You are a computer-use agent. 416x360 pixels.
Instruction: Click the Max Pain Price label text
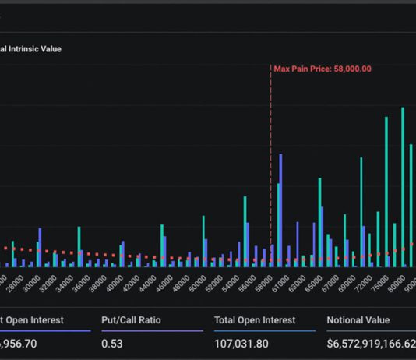pos(323,69)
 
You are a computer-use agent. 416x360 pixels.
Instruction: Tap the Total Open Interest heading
pos(255,319)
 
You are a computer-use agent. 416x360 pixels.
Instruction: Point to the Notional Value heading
pos(358,319)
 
